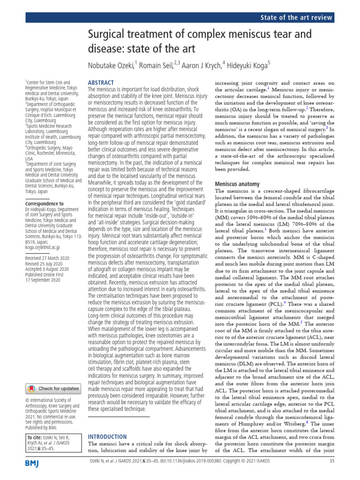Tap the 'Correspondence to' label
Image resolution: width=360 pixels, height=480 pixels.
tap(44, 204)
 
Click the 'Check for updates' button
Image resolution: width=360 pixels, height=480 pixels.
tap(53, 389)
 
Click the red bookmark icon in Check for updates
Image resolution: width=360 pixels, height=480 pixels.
tap(31, 389)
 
